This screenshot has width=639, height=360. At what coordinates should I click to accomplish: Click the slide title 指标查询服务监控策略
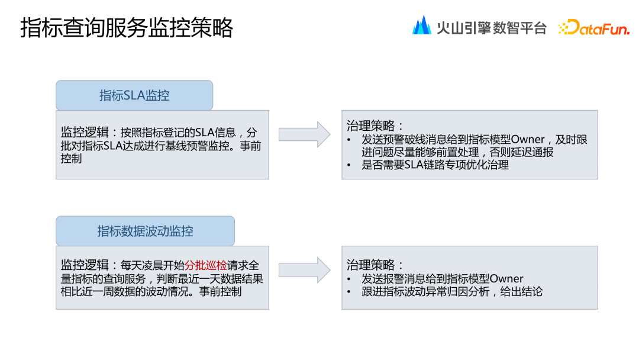pos(127,28)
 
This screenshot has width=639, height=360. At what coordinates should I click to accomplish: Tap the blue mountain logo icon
pos(422,25)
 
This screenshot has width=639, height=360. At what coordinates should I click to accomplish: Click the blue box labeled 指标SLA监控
pos(134,95)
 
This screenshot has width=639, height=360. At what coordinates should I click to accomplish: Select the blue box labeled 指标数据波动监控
pos(145,231)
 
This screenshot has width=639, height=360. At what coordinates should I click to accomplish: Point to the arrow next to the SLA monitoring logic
pos(304,134)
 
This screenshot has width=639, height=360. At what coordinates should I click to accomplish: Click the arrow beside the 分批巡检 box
pos(304,270)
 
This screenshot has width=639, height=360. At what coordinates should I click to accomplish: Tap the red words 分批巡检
pos(206,266)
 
